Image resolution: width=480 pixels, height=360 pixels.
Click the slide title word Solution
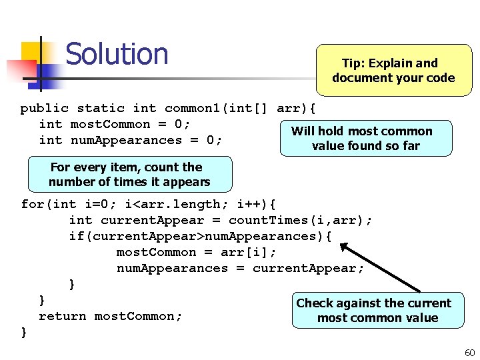[x=117, y=54]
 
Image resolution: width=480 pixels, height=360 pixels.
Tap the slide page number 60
[x=469, y=352]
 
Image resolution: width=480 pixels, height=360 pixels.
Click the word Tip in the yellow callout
[x=351, y=64]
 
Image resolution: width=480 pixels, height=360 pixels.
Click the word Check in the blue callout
[x=315, y=303]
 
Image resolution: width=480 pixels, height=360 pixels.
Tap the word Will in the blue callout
[x=303, y=131]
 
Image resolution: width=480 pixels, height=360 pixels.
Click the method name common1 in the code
[x=193, y=108]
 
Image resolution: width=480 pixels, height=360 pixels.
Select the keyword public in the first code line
[x=44, y=108]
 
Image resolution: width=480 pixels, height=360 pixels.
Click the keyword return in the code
[x=63, y=316]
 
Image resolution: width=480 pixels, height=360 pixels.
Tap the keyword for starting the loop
[x=33, y=204]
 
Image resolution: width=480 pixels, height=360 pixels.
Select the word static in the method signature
[x=101, y=108]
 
